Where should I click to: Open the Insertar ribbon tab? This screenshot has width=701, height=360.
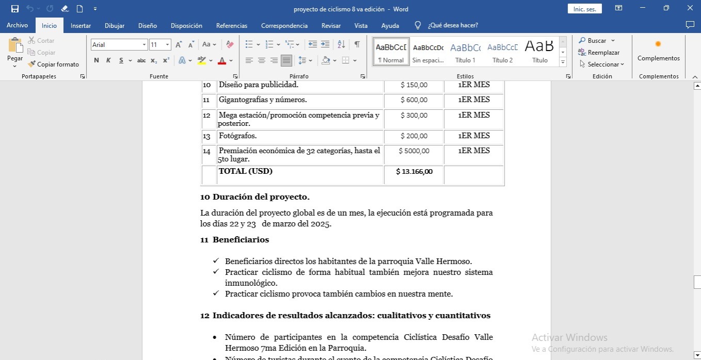click(x=80, y=26)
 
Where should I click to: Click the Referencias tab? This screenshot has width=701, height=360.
click(x=232, y=26)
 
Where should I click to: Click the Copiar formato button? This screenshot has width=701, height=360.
click(x=54, y=64)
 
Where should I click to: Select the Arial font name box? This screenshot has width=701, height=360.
click(x=116, y=45)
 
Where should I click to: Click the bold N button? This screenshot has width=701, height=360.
click(x=96, y=60)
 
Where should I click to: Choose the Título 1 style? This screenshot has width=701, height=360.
click(x=465, y=52)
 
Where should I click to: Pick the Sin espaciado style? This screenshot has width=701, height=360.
click(x=428, y=52)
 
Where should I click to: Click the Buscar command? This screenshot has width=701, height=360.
click(x=596, y=41)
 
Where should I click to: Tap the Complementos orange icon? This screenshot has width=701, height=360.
click(x=658, y=44)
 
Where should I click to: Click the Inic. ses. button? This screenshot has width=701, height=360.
click(x=584, y=9)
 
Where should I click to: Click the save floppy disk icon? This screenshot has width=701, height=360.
click(x=15, y=9)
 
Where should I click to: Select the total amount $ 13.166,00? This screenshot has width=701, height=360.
click(x=414, y=172)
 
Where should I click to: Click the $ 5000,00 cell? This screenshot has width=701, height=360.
click(x=414, y=151)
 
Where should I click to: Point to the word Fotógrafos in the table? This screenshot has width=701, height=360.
click(x=237, y=136)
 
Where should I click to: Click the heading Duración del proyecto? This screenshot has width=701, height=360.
click(x=261, y=197)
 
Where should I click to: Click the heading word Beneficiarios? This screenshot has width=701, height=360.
click(x=240, y=240)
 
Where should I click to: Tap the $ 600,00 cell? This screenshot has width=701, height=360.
click(x=414, y=100)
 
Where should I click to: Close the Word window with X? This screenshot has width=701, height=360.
click(x=690, y=8)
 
